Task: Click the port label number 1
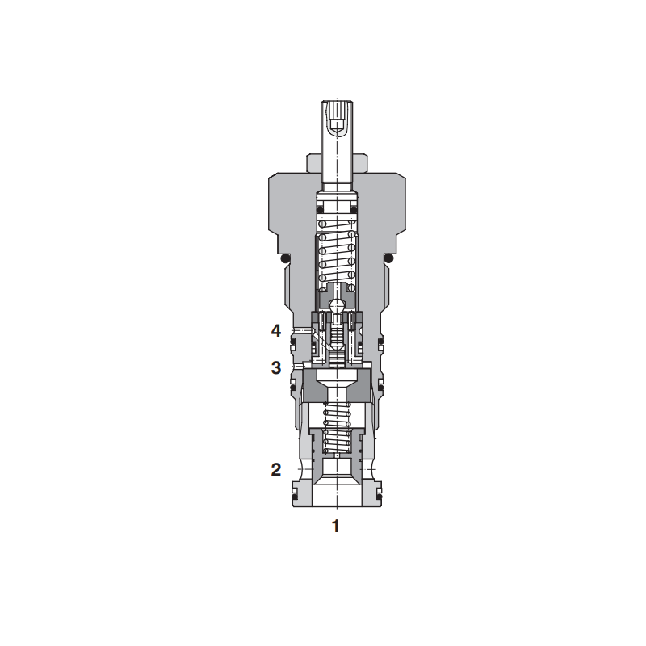coord(336,526)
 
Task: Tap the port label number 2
coord(276,469)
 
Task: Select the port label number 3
coord(276,367)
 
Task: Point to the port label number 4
coord(276,330)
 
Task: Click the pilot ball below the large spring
coord(337,307)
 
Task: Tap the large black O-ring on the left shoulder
coord(284,258)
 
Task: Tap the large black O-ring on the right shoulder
coord(388,258)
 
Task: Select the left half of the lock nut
coord(314,163)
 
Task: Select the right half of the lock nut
coord(360,163)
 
